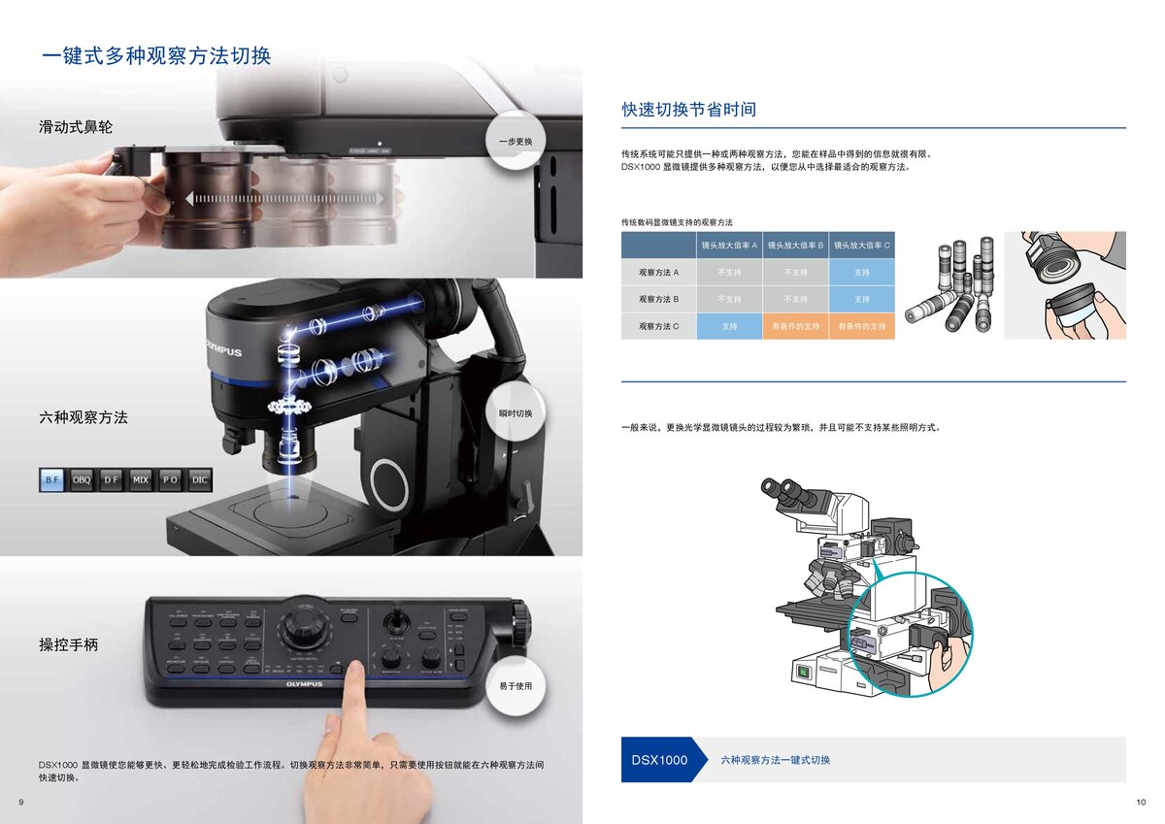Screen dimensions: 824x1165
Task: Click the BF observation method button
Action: (52, 479)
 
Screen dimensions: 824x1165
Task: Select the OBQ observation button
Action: (82, 479)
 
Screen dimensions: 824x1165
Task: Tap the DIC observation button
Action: (199, 479)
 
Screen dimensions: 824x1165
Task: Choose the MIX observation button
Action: (141, 479)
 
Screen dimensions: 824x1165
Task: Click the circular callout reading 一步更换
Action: (516, 142)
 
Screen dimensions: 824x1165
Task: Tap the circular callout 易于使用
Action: (516, 686)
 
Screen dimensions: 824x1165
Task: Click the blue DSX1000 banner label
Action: (659, 760)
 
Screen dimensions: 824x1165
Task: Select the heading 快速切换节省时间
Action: (688, 110)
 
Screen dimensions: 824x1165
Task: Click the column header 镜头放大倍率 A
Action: (729, 245)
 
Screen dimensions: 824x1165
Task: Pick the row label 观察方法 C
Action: (658, 326)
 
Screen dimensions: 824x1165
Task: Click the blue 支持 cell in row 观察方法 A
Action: (862, 273)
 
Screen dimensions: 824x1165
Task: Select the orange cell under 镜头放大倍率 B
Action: (795, 326)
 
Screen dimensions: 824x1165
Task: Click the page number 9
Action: (21, 801)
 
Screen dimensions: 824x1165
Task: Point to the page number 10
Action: (1140, 801)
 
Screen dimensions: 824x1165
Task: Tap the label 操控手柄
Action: (68, 644)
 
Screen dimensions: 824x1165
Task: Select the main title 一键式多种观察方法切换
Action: (155, 55)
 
